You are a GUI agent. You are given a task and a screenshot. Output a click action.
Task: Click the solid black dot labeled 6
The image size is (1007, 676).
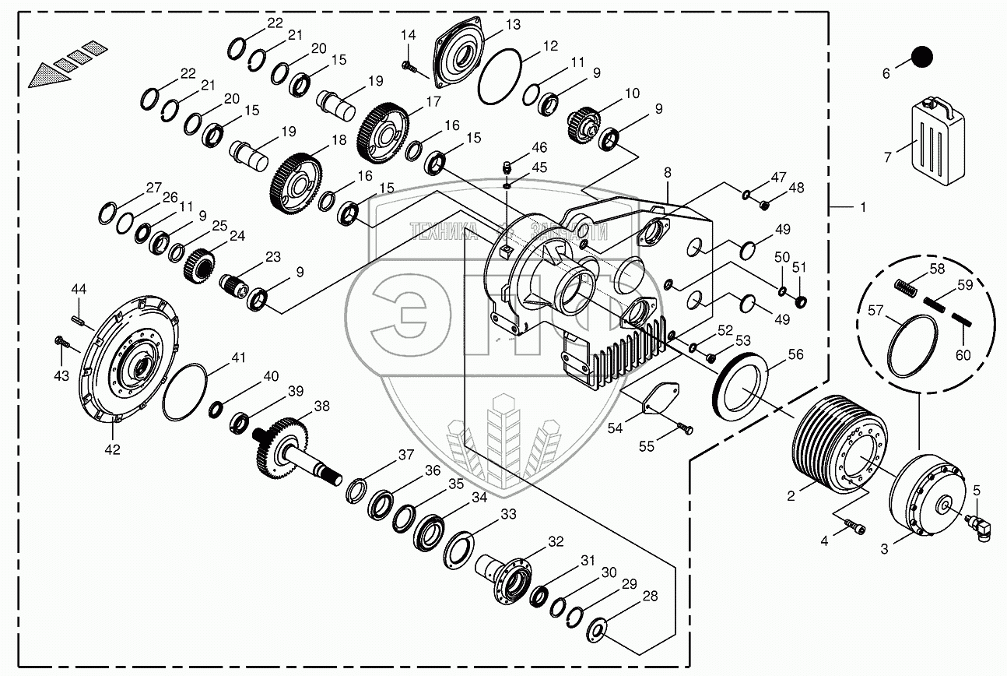coord(921,57)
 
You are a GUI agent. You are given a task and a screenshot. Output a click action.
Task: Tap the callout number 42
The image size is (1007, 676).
coord(113,448)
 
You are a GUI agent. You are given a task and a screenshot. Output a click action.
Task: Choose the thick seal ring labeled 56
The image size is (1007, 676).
coord(742,383)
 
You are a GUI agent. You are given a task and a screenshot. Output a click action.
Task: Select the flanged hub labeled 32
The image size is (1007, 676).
coord(507,576)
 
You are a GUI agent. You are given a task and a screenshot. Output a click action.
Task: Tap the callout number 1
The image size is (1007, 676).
coord(861,208)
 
